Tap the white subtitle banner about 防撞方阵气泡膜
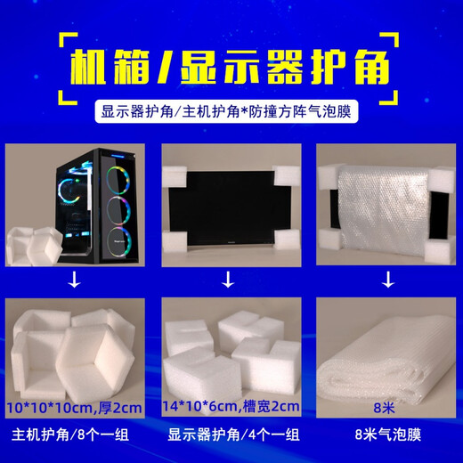(231, 114)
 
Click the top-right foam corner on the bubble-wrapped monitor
(438, 179)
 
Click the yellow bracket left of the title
(62, 61)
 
